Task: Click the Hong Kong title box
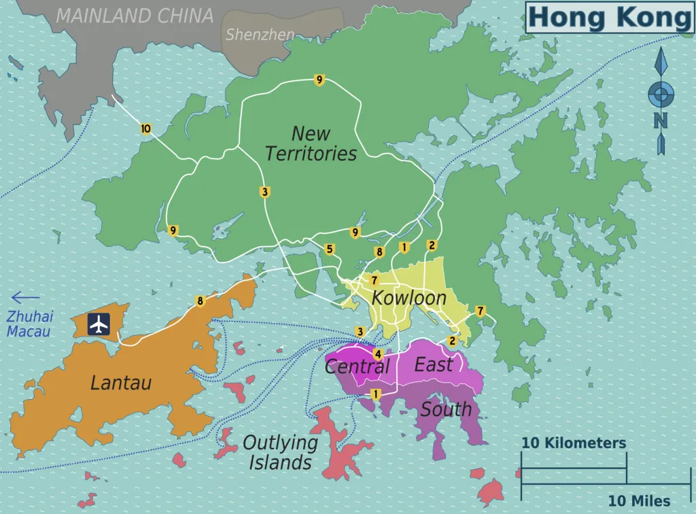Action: pos(609,17)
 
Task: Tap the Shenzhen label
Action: pos(260,34)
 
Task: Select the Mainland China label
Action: pos(135,16)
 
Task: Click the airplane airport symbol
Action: pos(99,324)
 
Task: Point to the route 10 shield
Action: pos(145,128)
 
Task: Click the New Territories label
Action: pos(311,143)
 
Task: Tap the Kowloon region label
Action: pos(408,298)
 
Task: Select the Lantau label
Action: pos(121,383)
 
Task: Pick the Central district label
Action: pos(357,367)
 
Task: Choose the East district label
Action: pos(434,364)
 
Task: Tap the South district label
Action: pos(446,409)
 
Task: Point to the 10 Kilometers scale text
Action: pos(574,443)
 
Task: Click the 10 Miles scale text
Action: pos(639,500)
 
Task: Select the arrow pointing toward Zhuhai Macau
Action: pos(26,297)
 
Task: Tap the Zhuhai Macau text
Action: pos(29,324)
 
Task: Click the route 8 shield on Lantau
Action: pos(200,301)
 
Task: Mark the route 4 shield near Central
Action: pos(379,354)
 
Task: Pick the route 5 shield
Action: pos(330,249)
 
